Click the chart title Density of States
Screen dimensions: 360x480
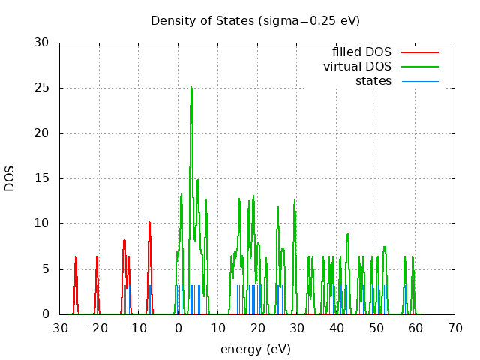[255, 20]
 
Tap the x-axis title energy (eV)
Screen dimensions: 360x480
[255, 349]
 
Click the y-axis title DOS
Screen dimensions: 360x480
[10, 178]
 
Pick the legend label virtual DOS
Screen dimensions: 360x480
[357, 67]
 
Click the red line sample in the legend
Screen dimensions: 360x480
[419, 52]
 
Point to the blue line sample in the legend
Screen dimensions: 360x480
[419, 81]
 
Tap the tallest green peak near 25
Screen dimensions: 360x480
[191, 87]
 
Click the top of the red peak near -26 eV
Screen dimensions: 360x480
[76, 256]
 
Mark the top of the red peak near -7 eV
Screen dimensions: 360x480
[149, 222]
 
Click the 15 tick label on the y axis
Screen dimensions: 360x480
[42, 178]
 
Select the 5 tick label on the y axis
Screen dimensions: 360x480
[46, 269]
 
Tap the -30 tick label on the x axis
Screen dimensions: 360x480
[58, 328]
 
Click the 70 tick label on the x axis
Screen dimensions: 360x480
[455, 328]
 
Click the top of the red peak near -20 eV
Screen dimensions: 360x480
[97, 256]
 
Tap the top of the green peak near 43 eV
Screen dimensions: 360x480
[348, 234]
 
